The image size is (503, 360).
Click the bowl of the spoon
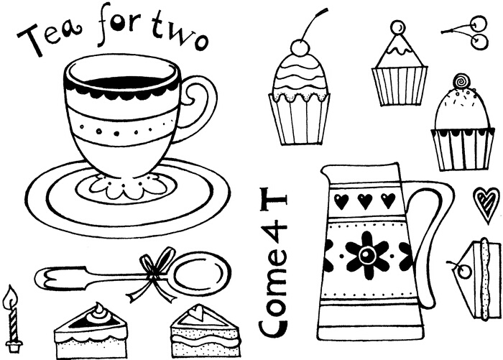(203, 272)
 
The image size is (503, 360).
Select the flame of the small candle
(11, 296)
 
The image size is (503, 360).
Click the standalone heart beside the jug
(486, 203)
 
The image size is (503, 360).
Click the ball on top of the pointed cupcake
(397, 28)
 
